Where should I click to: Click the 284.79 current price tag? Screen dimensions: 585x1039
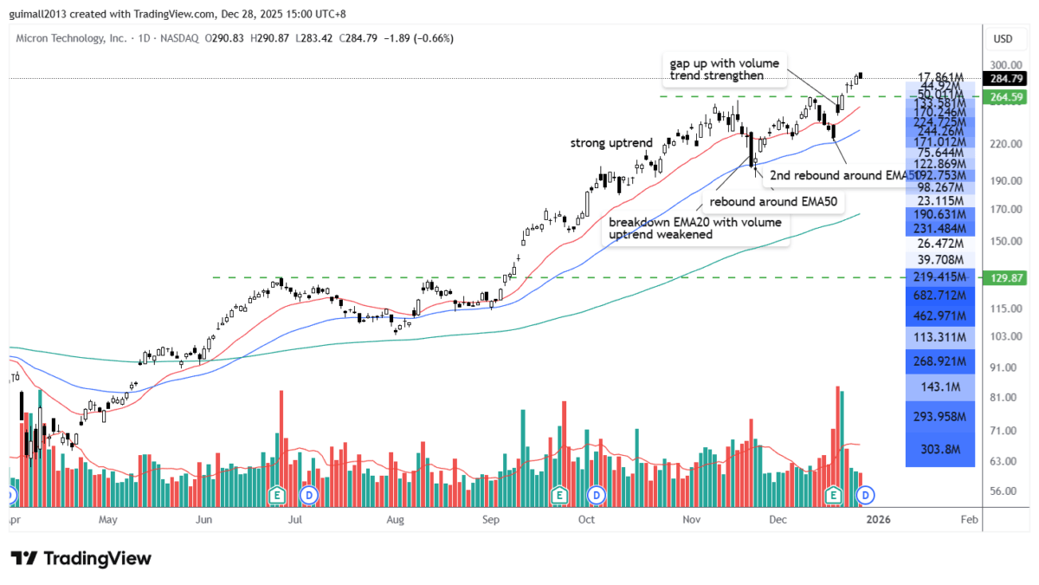tap(1004, 79)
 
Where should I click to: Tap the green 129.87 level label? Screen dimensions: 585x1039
tap(1004, 277)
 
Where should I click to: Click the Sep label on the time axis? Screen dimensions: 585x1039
tap(491, 520)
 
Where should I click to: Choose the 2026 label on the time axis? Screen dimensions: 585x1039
tap(879, 520)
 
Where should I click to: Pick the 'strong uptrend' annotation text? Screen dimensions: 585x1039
tap(611, 142)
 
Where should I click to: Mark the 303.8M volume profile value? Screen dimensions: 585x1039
tap(940, 449)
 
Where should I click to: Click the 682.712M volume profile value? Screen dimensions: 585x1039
tap(940, 296)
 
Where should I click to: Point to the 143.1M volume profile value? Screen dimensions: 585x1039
tap(940, 387)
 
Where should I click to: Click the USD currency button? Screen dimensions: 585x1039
tap(1004, 38)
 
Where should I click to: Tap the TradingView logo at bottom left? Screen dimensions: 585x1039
tap(81, 559)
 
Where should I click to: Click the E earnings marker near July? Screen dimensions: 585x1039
tap(277, 495)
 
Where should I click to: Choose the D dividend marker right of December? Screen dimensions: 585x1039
tap(864, 495)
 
